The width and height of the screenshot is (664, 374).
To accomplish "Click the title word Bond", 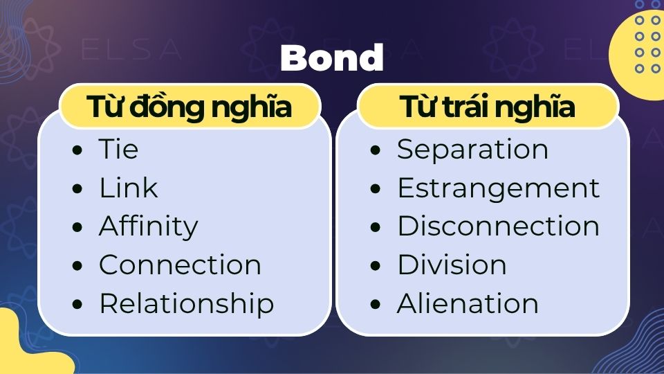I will point(331,59).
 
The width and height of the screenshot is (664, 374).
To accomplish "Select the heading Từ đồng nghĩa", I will point(189,108).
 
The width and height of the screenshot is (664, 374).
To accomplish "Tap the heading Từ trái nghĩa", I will point(488,108).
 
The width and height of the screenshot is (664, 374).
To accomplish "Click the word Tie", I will point(118,150).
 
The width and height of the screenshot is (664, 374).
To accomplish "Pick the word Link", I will point(128,188).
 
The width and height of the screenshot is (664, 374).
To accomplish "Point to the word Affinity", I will point(148,227).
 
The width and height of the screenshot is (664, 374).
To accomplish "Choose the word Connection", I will point(180,265).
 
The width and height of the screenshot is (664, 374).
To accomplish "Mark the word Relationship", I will point(186,304).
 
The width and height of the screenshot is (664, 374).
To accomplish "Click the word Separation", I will point(472,150).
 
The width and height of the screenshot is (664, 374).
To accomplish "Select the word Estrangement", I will point(498,188).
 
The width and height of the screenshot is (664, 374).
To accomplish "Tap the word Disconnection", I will point(498,227).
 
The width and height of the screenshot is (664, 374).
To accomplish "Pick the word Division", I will point(451,265).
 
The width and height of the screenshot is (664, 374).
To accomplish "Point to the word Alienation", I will point(468,304).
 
